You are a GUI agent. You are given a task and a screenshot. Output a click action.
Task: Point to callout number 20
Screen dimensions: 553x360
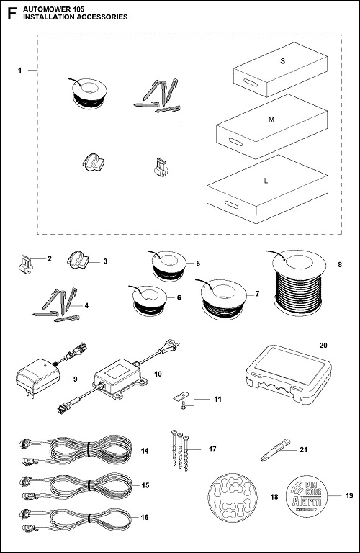(x=323, y=345)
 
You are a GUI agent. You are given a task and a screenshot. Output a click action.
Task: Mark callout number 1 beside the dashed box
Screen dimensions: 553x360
(x=21, y=71)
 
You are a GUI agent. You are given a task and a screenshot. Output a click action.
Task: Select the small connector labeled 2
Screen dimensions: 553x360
(x=24, y=265)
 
